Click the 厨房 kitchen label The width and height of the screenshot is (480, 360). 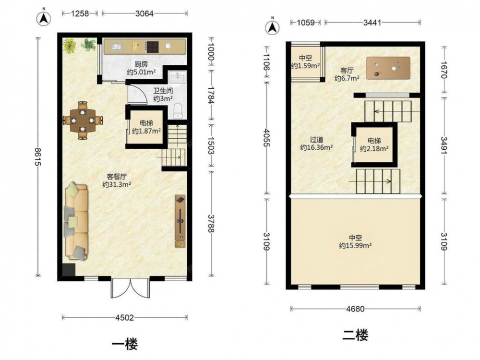coord(141,64)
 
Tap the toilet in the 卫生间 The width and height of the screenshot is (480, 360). coord(178,111)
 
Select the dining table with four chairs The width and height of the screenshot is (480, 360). coord(83,120)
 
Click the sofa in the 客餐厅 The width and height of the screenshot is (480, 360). coord(76,222)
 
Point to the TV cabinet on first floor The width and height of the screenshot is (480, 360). coord(180,221)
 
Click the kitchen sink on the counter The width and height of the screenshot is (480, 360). coord(116,47)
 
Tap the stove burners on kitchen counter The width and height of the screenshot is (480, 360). coord(152,47)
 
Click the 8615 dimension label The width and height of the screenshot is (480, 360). coord(37,157)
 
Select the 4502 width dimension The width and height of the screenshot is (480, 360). coord(125,317)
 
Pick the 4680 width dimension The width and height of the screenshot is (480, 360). coord(355,309)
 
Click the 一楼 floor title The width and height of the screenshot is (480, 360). coord(125,344)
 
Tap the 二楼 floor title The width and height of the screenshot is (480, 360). coord(355,335)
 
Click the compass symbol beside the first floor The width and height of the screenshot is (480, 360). coord(44,19)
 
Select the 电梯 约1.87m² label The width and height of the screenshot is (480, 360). coord(146,127)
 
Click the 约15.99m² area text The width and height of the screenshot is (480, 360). coord(355,245)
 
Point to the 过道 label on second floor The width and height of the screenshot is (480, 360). coord(316,140)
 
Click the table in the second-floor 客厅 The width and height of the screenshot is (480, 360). coord(388,68)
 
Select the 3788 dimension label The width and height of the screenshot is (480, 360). coord(211,223)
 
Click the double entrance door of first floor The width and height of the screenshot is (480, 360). coord(131,288)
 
